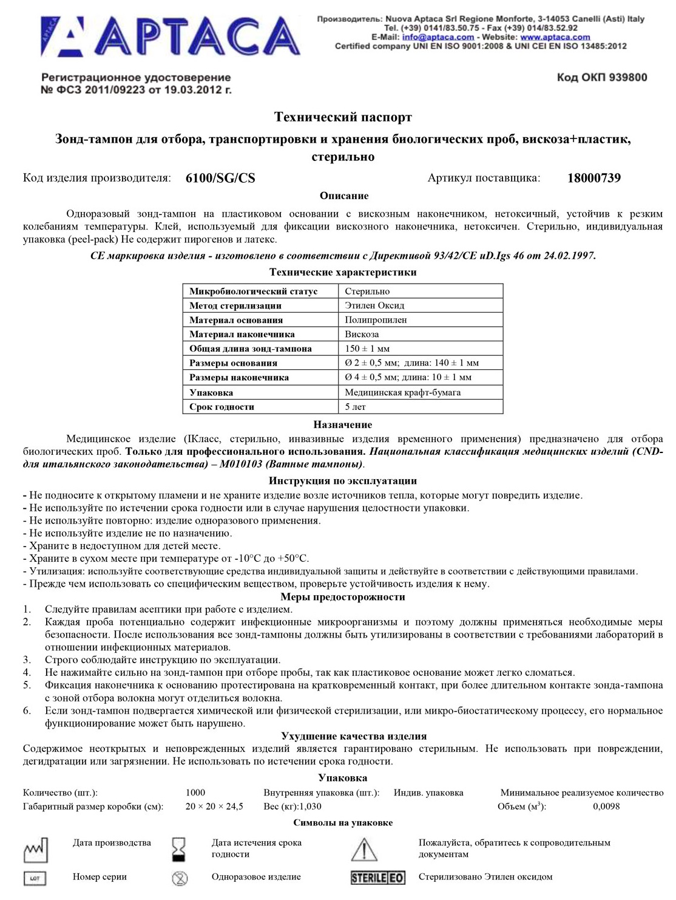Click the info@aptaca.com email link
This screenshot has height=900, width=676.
tap(438, 37)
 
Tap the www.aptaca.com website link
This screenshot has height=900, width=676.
tap(555, 37)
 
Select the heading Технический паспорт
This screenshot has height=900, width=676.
tap(343, 117)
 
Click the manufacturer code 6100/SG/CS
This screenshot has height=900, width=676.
tap(220, 179)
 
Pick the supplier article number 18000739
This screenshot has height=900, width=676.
tap(593, 178)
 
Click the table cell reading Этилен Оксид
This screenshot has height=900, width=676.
tap(374, 305)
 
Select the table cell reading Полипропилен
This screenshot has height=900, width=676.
tap(376, 319)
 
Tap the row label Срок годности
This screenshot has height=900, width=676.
tap(221, 407)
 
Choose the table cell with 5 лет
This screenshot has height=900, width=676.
tap(356, 407)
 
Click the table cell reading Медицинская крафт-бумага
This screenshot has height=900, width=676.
tap(402, 392)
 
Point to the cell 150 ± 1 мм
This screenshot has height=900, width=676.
tap(367, 349)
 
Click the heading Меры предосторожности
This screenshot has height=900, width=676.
tap(343, 597)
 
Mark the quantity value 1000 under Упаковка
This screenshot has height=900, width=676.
tap(195, 793)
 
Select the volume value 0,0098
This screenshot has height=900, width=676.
tap(606, 806)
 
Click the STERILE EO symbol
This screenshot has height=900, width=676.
tap(377, 878)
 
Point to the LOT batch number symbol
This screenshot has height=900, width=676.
tap(35, 878)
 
